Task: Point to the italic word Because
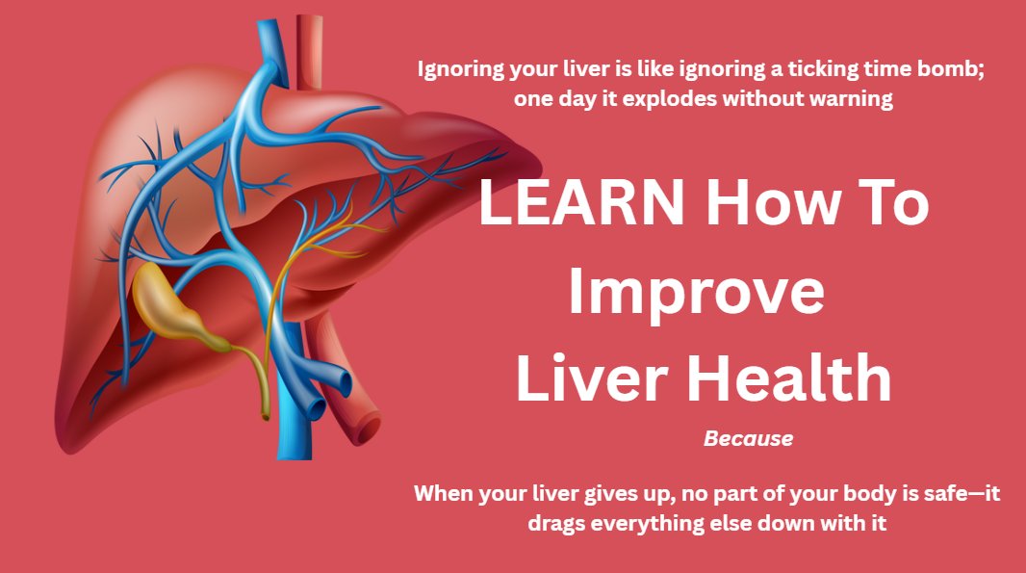click(x=748, y=439)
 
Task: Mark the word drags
click(x=556, y=524)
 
